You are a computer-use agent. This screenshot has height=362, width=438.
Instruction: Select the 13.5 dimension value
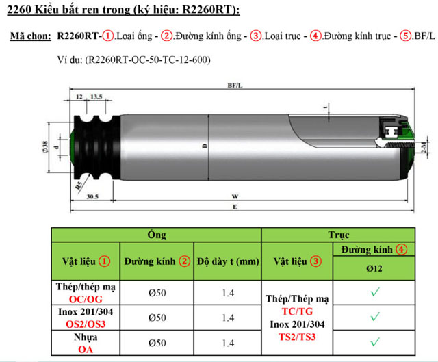pyautogui.click(x=96, y=98)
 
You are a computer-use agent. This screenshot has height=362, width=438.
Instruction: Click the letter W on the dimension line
pyautogui.click(x=235, y=196)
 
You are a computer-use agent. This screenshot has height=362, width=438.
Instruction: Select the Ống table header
pyautogui.click(x=157, y=235)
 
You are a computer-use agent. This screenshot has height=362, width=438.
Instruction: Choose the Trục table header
pyautogui.click(x=338, y=235)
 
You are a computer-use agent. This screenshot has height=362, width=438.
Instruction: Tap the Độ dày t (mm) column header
pyautogui.click(x=228, y=261)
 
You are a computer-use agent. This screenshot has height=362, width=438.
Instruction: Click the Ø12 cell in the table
pyautogui.click(x=374, y=269)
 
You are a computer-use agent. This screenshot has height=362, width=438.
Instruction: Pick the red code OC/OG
pyautogui.click(x=86, y=299)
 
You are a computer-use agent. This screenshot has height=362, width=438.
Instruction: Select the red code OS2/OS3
pyautogui.click(x=86, y=324)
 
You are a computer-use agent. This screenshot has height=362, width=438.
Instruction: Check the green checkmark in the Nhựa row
pyautogui.click(x=374, y=341)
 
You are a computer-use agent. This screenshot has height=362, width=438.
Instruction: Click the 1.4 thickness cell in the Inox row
pyautogui.click(x=228, y=318)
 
